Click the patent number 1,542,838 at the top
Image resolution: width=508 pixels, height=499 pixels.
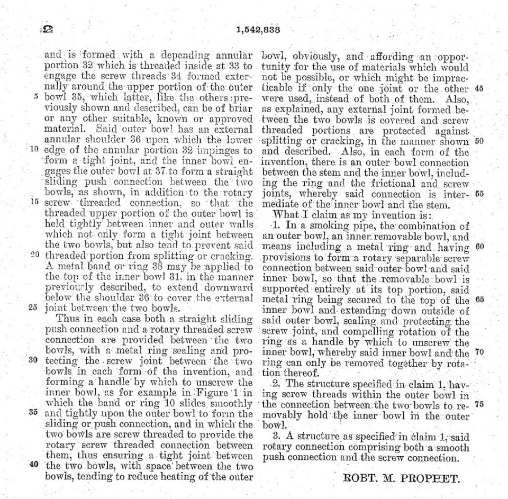(x=258, y=30)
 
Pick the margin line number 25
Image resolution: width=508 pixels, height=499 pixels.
(x=33, y=306)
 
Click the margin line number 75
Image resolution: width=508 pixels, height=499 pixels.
(x=479, y=404)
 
